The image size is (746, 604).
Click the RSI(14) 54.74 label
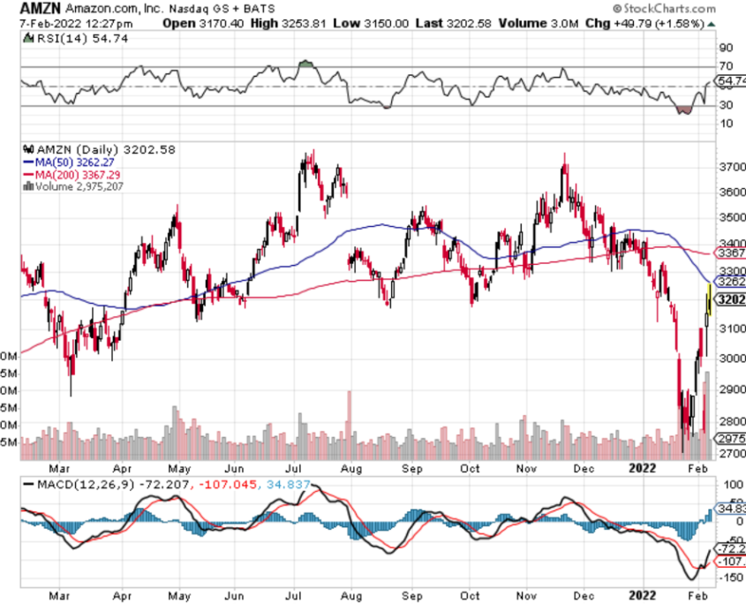pyautogui.click(x=57, y=40)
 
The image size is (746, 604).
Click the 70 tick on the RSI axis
pyautogui.click(x=727, y=66)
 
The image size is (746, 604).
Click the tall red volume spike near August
pyautogui.click(x=350, y=415)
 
